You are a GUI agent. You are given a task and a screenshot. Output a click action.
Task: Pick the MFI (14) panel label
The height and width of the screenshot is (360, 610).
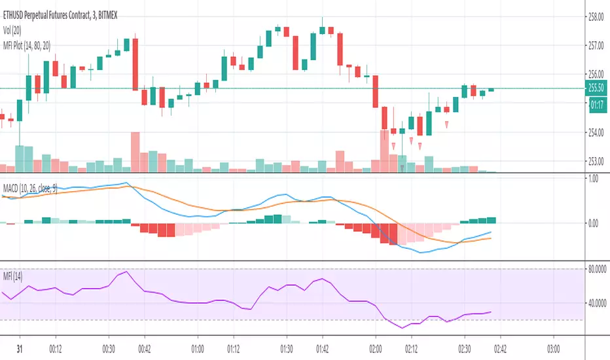click(16, 274)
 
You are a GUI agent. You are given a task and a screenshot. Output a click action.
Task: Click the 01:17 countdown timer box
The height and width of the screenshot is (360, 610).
click(596, 103)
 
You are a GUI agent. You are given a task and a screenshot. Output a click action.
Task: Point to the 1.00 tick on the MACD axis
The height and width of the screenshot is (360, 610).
click(594, 179)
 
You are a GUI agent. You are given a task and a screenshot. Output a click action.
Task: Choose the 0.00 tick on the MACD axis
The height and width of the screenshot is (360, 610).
click(594, 223)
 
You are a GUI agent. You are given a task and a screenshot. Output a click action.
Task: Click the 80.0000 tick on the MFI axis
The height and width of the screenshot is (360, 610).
click(597, 269)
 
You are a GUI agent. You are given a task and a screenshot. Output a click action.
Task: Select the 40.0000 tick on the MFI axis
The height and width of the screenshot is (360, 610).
click(597, 302)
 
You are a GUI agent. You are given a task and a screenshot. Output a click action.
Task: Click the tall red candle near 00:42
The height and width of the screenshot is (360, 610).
click(135, 63)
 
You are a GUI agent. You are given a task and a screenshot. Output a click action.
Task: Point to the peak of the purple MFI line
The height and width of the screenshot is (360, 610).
click(126, 272)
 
